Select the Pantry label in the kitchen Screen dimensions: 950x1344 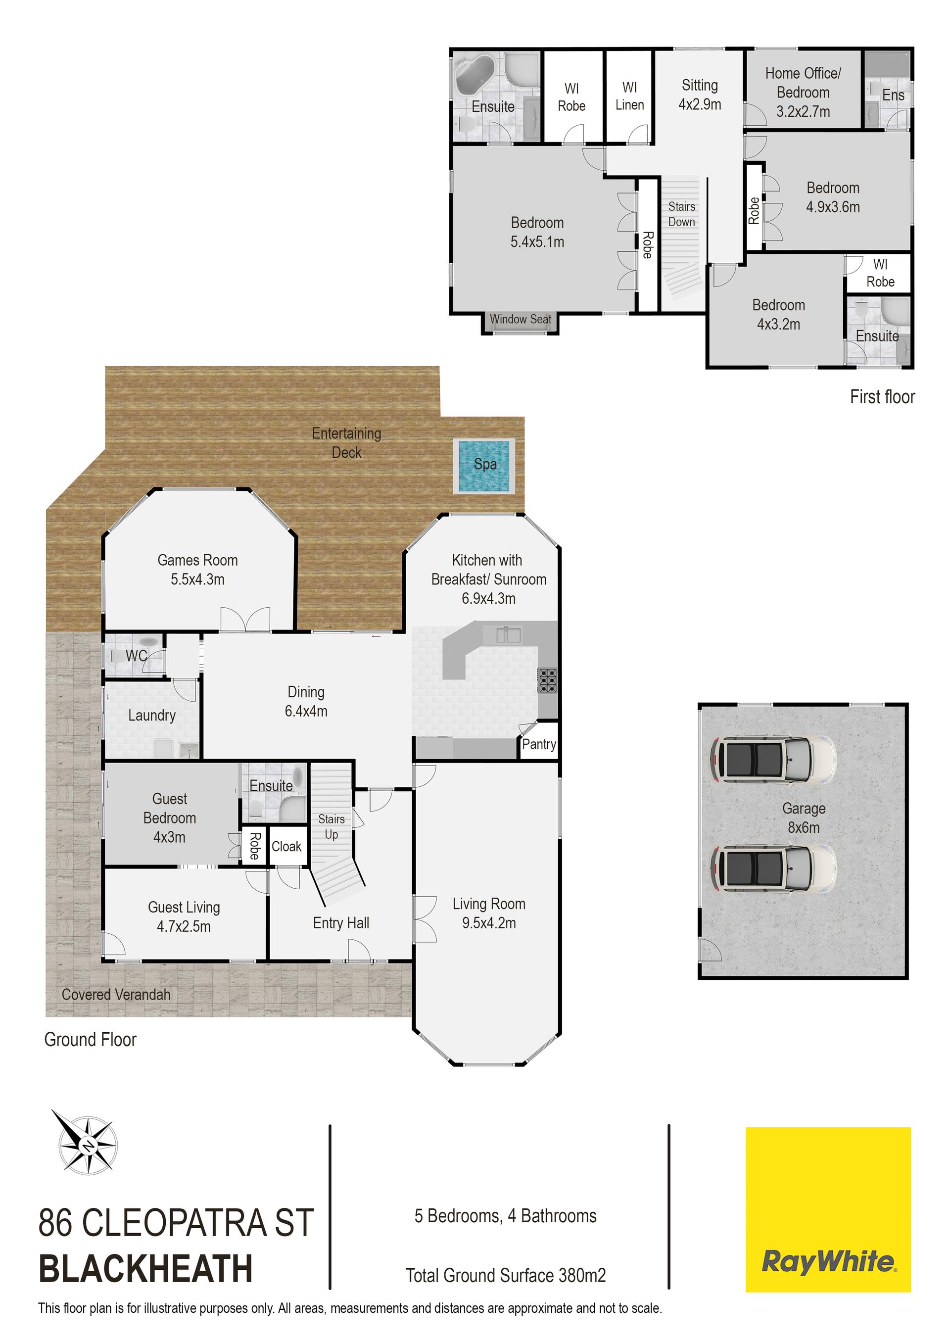[538, 745]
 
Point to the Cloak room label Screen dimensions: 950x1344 [286, 847]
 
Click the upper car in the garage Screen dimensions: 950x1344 [773, 759]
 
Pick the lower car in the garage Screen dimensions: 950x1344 [773, 868]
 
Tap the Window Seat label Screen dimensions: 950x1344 [521, 320]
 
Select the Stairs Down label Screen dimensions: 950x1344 [682, 214]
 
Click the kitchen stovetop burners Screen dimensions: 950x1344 [547, 681]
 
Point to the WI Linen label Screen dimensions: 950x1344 [630, 96]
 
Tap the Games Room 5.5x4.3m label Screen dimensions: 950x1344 [198, 570]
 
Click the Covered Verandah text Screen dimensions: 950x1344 [116, 995]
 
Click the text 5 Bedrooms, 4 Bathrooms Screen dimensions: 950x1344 [506, 1216]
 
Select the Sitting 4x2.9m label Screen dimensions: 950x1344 [700, 95]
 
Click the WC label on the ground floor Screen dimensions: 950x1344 [137, 656]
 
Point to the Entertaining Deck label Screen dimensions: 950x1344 [346, 443]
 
